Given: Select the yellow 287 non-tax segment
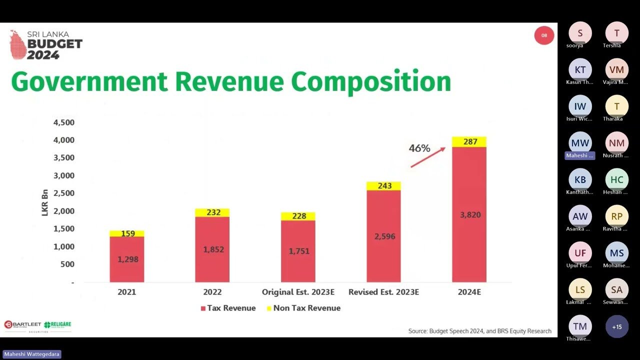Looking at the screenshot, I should pos(469,142).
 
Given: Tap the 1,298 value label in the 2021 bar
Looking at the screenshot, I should pos(128,259).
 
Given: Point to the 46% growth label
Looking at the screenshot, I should pos(419,148).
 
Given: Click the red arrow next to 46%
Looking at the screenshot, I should pos(428,157).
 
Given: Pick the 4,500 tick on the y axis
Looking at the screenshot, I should pos(63,122).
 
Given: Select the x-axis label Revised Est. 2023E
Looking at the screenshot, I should pos(383,292).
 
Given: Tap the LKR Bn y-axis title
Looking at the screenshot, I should pos(44,202).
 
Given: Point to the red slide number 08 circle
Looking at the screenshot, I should pos(544,35).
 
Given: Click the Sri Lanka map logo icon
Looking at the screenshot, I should pos(17,44).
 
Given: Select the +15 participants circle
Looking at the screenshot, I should pos(617,326).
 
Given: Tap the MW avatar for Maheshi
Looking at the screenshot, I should pos(580,143).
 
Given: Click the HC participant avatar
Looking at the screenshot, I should pos(617,179).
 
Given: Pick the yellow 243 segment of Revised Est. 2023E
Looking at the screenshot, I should pos(383,186).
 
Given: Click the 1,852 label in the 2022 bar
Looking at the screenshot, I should pos(213,249).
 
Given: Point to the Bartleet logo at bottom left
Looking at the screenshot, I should pos(22,324).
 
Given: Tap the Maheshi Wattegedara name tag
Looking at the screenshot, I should pos(32,354).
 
